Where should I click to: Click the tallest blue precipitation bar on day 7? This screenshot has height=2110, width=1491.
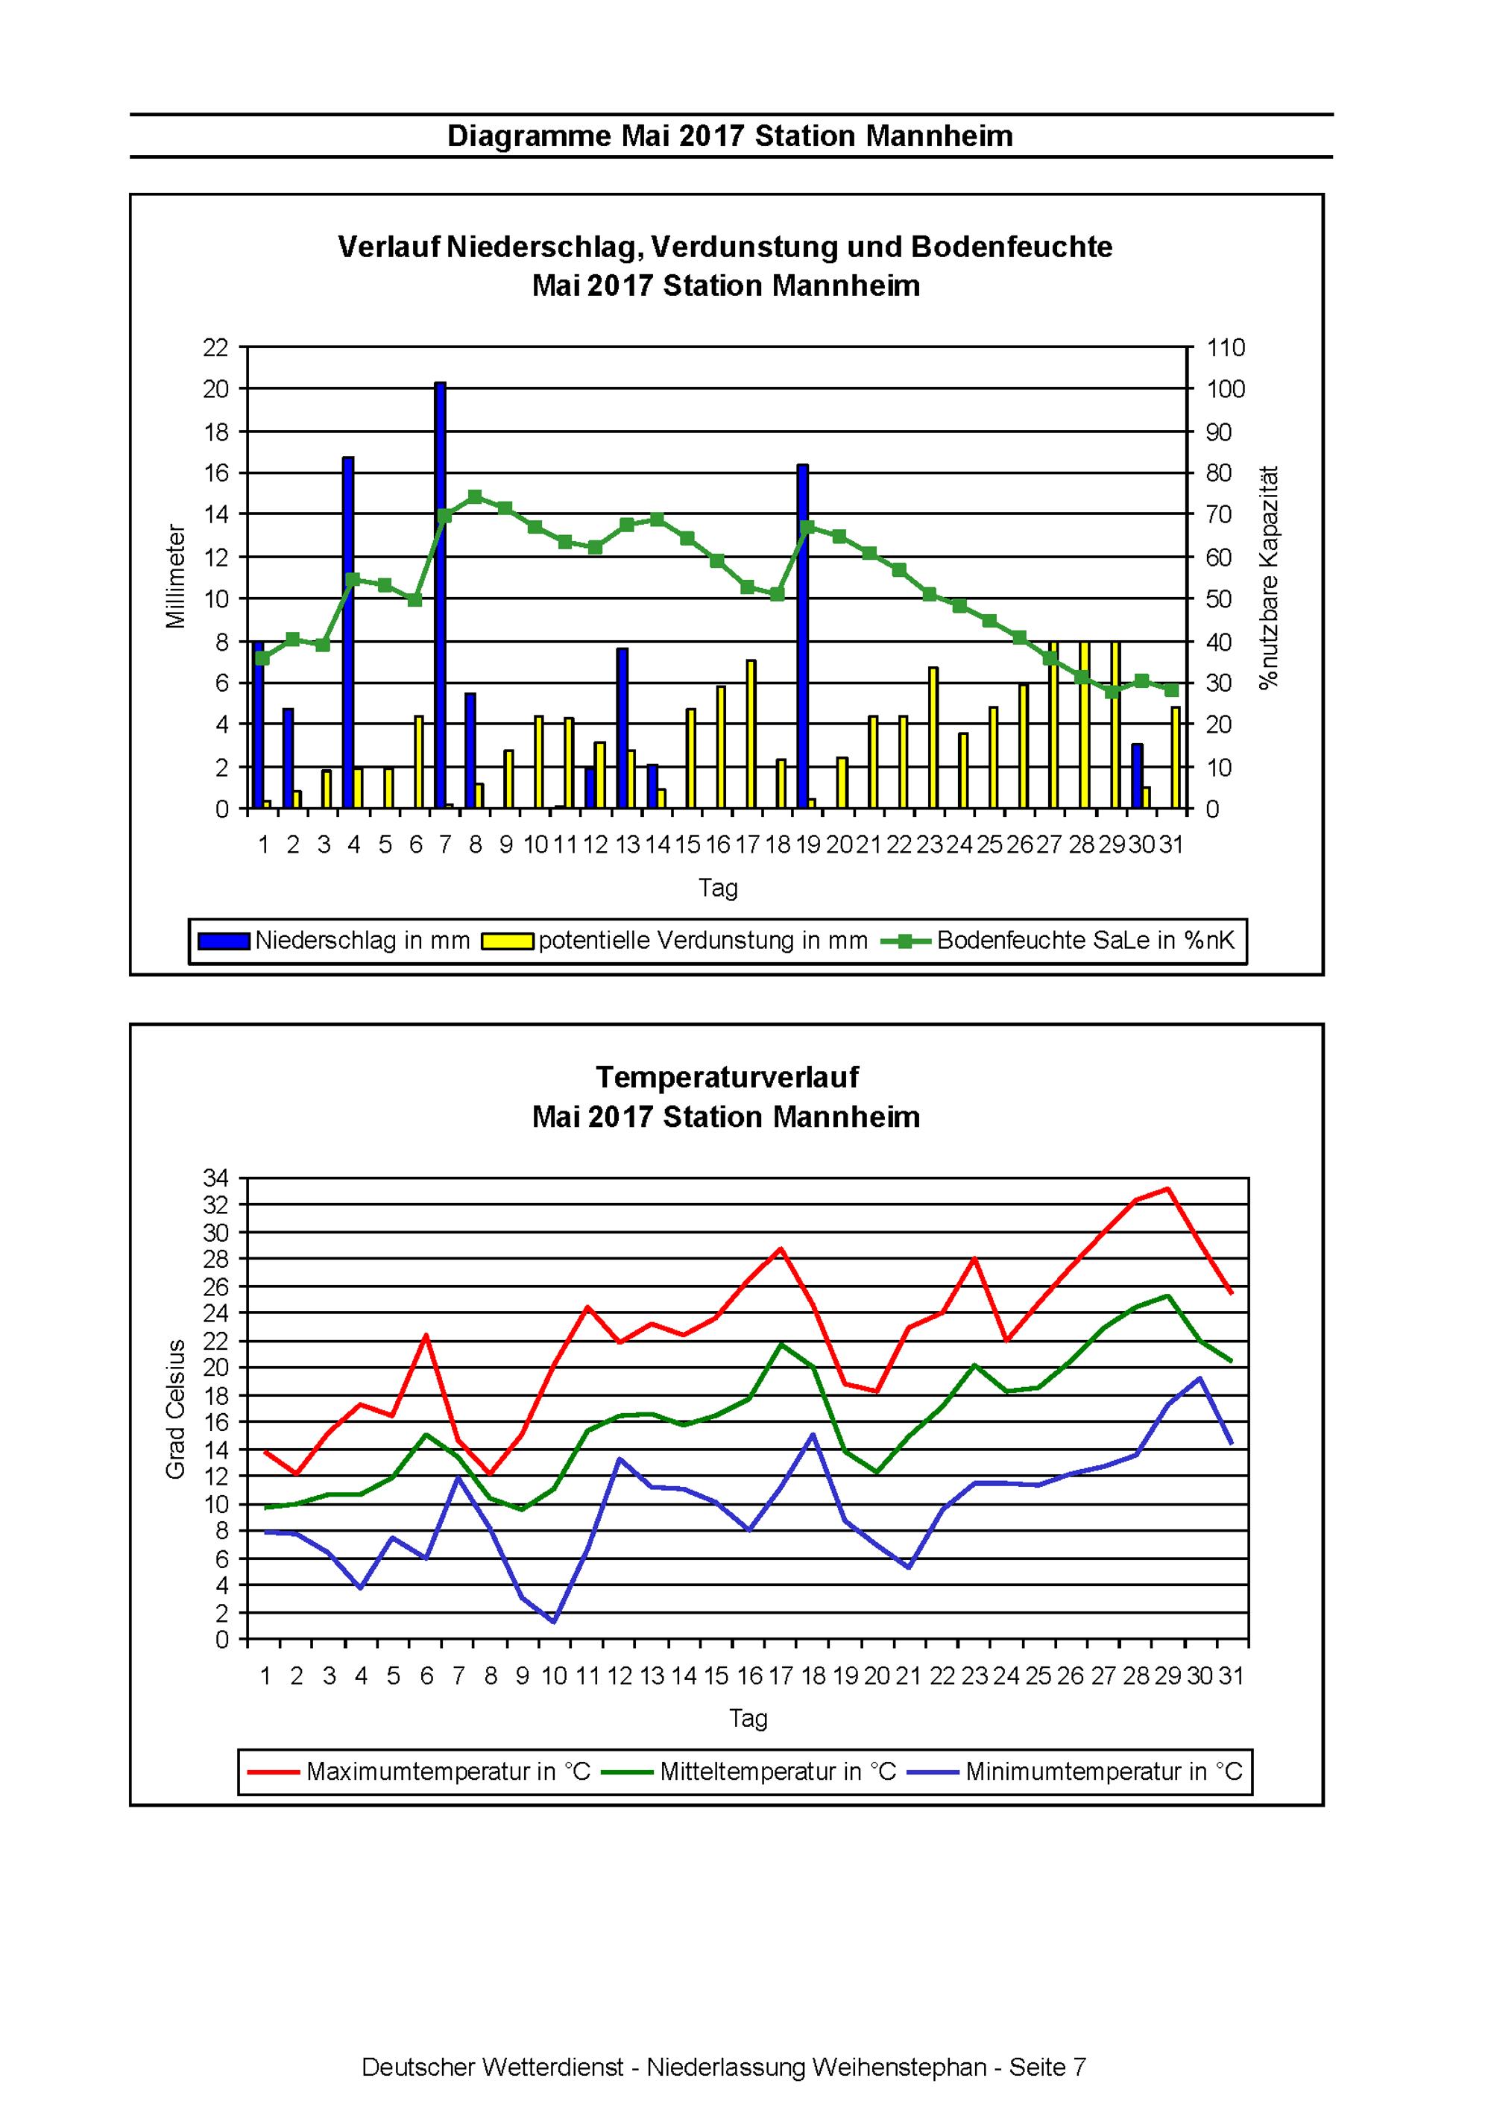pyautogui.click(x=441, y=596)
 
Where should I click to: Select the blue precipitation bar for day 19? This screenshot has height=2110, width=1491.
pyautogui.click(x=802, y=636)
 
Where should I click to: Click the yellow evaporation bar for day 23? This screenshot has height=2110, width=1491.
pyautogui.click(x=933, y=738)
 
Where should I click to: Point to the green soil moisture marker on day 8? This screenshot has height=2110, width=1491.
pyautogui.click(x=475, y=497)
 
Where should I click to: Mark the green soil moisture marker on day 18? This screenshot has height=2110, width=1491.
pyautogui.click(x=778, y=594)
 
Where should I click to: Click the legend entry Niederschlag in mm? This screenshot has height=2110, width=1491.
pyautogui.click(x=335, y=940)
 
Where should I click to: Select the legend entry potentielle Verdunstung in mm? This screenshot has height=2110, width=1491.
pyautogui.click(x=675, y=940)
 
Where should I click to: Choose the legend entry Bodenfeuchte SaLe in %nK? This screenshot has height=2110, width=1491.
pyautogui.click(x=1058, y=940)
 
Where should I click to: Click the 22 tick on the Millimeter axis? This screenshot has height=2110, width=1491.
pyautogui.click(x=216, y=347)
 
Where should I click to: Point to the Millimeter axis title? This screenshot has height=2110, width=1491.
pyautogui.click(x=176, y=576)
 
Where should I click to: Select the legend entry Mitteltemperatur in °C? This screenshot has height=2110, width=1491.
pyautogui.click(x=749, y=1771)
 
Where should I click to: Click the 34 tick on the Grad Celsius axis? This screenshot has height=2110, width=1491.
pyautogui.click(x=216, y=1177)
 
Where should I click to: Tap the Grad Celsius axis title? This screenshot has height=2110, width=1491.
pyautogui.click(x=176, y=1409)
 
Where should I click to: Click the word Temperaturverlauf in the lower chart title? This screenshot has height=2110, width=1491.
pyautogui.click(x=727, y=1077)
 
